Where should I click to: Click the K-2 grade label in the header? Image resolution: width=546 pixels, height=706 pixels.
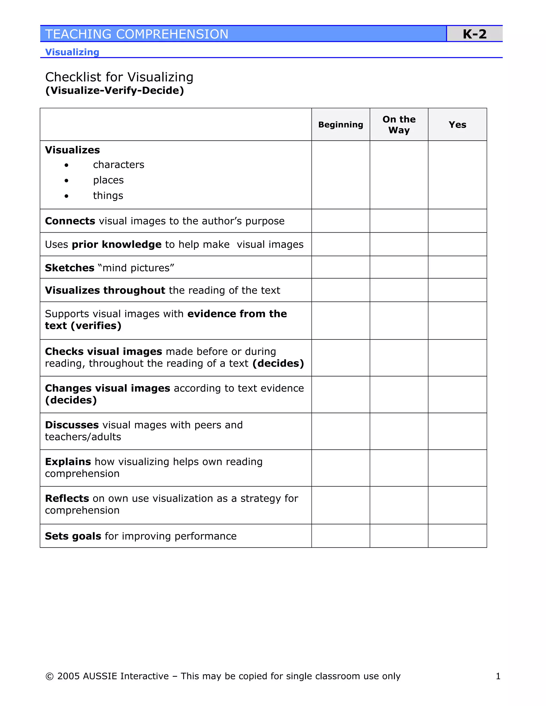click(474, 34)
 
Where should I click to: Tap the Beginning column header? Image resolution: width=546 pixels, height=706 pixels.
click(341, 124)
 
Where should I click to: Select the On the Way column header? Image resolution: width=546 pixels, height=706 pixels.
click(399, 124)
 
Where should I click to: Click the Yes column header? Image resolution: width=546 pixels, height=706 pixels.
click(457, 124)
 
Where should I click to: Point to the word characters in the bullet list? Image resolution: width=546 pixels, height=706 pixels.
click(118, 165)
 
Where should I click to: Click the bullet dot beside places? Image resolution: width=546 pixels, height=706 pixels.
click(66, 181)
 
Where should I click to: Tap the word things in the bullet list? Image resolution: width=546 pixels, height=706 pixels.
click(108, 196)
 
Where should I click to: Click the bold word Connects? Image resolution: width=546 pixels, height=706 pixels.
click(70, 221)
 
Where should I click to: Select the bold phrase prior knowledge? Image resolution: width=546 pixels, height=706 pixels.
click(117, 244)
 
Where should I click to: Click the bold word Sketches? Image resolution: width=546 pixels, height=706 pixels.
click(70, 268)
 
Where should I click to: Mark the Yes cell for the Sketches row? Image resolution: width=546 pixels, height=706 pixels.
click(457, 267)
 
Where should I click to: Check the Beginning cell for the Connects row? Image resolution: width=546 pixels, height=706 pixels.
click(341, 221)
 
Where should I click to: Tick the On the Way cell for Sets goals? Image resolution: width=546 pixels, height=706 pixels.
click(399, 536)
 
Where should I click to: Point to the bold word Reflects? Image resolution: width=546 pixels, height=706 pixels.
click(67, 498)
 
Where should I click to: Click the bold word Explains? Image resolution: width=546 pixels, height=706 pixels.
click(68, 462)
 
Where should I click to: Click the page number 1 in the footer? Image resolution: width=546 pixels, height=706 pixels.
click(498, 676)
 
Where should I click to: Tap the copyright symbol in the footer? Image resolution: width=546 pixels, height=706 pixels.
click(50, 676)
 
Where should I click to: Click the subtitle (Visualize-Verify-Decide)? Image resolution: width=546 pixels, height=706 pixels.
click(114, 91)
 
